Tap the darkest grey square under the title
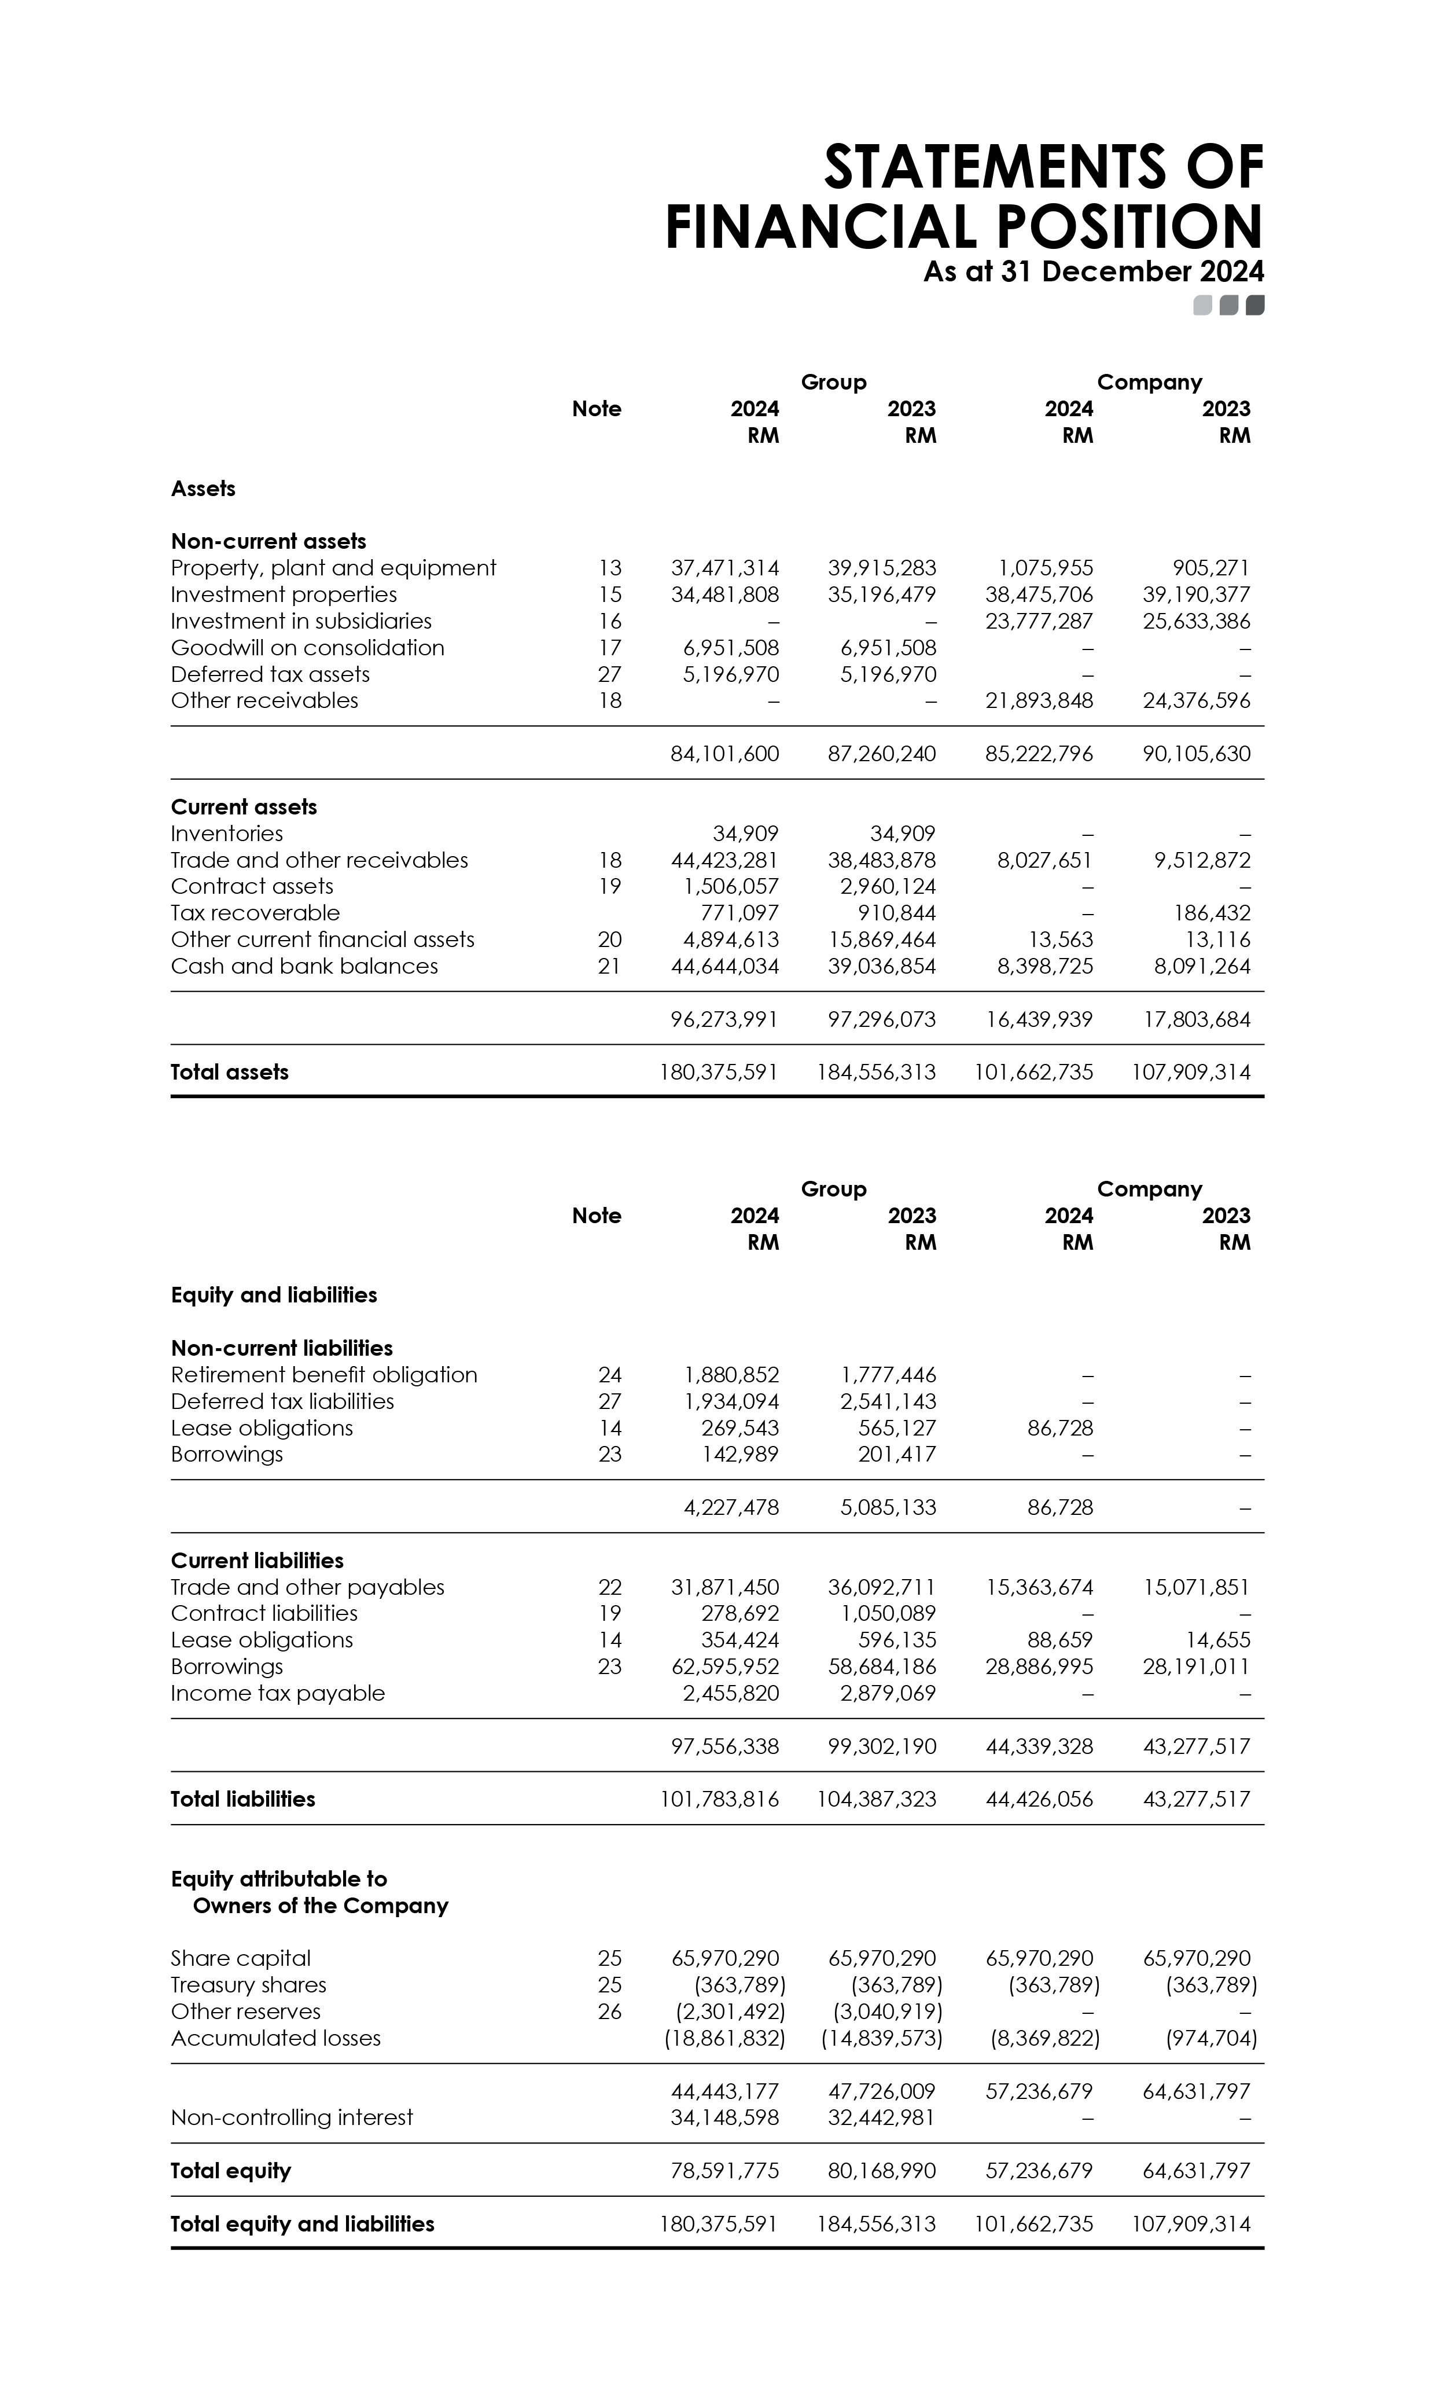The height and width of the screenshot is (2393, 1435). (1255, 306)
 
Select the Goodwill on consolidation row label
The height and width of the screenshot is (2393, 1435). (307, 648)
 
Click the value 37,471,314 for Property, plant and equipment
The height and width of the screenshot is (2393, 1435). (724, 568)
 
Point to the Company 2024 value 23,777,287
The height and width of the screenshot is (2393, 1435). (1039, 621)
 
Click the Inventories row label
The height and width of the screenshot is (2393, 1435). (227, 834)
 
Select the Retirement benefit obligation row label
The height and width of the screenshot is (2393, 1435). (324, 1374)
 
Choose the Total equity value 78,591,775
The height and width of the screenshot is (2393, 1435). (724, 2171)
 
